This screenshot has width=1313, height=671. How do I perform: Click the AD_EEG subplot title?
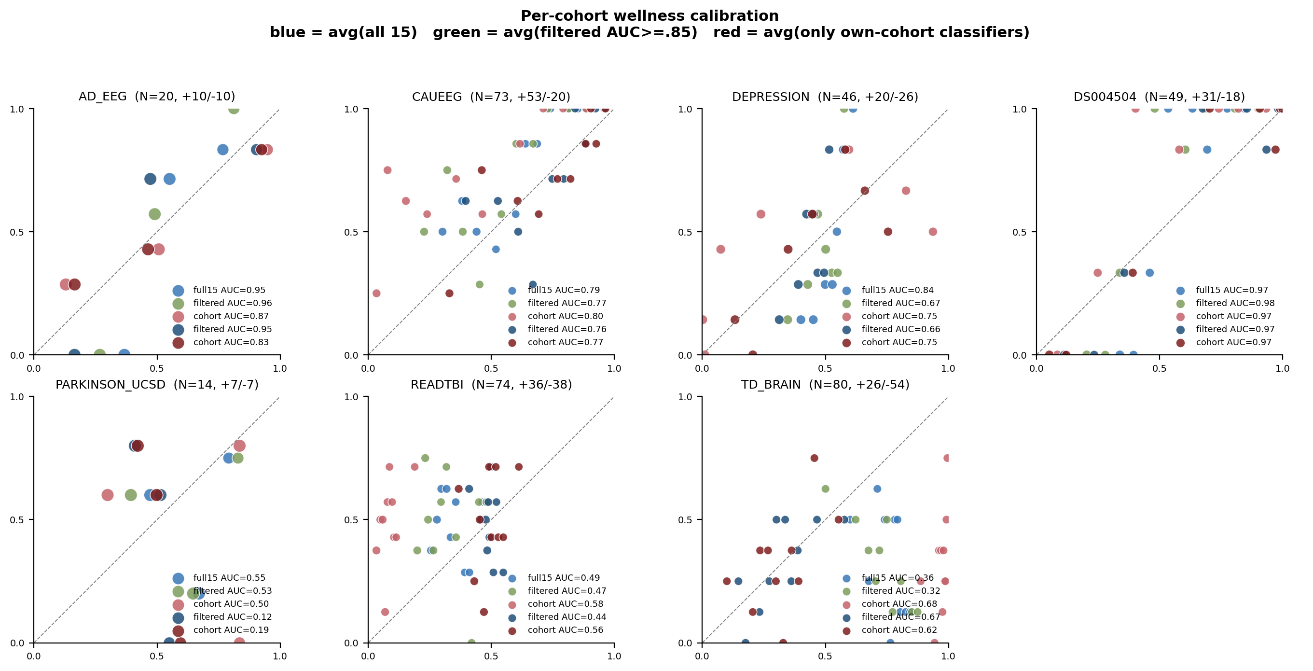157,97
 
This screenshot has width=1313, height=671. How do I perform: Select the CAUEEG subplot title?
491,97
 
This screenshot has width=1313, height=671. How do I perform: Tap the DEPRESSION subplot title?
825,97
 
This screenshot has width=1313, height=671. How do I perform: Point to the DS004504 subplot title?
1159,97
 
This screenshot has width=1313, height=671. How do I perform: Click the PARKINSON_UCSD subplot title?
157,384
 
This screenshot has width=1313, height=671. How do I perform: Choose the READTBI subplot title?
491,384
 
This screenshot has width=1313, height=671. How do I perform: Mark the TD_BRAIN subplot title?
825,384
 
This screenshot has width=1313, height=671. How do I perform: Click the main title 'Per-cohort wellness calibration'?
650,16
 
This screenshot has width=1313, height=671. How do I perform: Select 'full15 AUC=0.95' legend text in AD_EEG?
229,290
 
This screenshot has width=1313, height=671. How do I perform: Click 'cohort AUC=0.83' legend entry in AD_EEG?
231,342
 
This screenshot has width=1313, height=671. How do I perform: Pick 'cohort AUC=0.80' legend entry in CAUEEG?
565,316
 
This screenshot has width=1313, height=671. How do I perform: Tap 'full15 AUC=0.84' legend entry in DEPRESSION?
898,290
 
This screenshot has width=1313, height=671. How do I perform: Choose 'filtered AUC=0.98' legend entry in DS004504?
1235,303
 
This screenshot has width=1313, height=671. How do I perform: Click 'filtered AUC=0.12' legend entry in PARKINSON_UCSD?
233,617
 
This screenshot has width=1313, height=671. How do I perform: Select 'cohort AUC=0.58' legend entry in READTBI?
565,604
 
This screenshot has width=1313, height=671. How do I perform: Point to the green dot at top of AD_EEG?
234,109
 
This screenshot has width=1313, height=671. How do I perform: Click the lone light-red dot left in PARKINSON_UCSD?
107,495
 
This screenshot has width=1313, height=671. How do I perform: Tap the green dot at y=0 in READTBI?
471,643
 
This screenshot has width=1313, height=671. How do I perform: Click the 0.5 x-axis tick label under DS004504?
1159,368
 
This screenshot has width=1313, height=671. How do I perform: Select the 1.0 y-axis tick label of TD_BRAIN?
685,397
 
